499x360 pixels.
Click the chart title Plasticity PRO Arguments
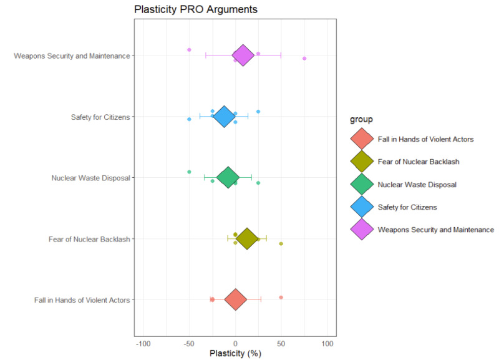tap(196, 10)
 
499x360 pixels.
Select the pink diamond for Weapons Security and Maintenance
tap(243, 56)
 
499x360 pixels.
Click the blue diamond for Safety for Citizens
tap(224, 116)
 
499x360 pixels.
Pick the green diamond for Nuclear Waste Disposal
tap(228, 177)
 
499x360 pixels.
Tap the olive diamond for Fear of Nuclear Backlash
tap(247, 238)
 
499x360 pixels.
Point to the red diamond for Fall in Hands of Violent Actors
tap(235, 299)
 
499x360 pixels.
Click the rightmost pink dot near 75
tap(304, 59)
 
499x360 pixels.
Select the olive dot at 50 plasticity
tap(281, 244)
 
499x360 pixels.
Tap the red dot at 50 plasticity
tap(281, 298)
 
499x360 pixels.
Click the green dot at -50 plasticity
tap(189, 172)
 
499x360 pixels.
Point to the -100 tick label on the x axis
tap(143, 343)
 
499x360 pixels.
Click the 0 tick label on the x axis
tap(235, 343)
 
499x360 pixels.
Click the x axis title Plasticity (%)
tap(235, 354)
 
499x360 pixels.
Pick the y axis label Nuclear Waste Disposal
tap(90, 178)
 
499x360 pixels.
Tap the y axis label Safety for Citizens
tap(100, 117)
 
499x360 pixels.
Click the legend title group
tap(361, 119)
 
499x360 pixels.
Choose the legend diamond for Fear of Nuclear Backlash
tap(362, 162)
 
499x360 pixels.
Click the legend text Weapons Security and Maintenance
tap(435, 230)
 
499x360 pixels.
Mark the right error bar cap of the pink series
tap(281, 56)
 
